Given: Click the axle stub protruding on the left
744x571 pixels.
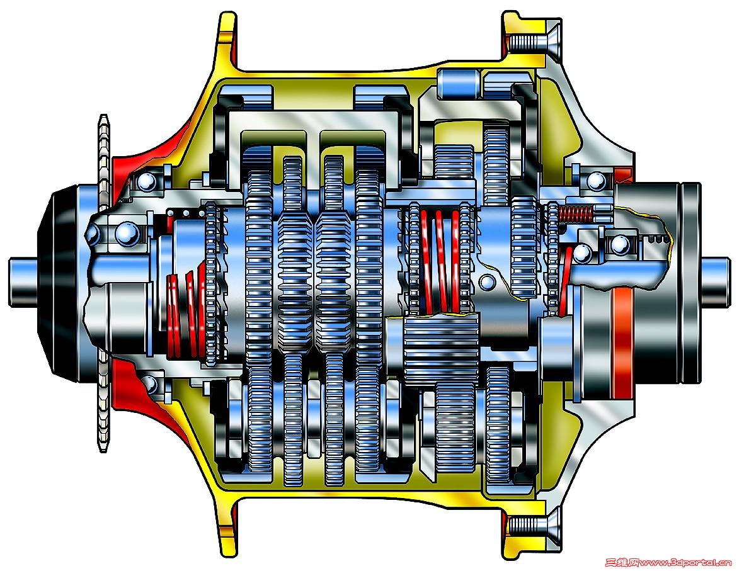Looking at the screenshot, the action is point(24,282).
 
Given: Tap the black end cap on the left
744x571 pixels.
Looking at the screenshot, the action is point(59,282).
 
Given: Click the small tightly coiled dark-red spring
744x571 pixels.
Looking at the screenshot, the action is point(575,215).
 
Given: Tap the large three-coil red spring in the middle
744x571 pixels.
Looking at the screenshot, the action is point(441,261).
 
